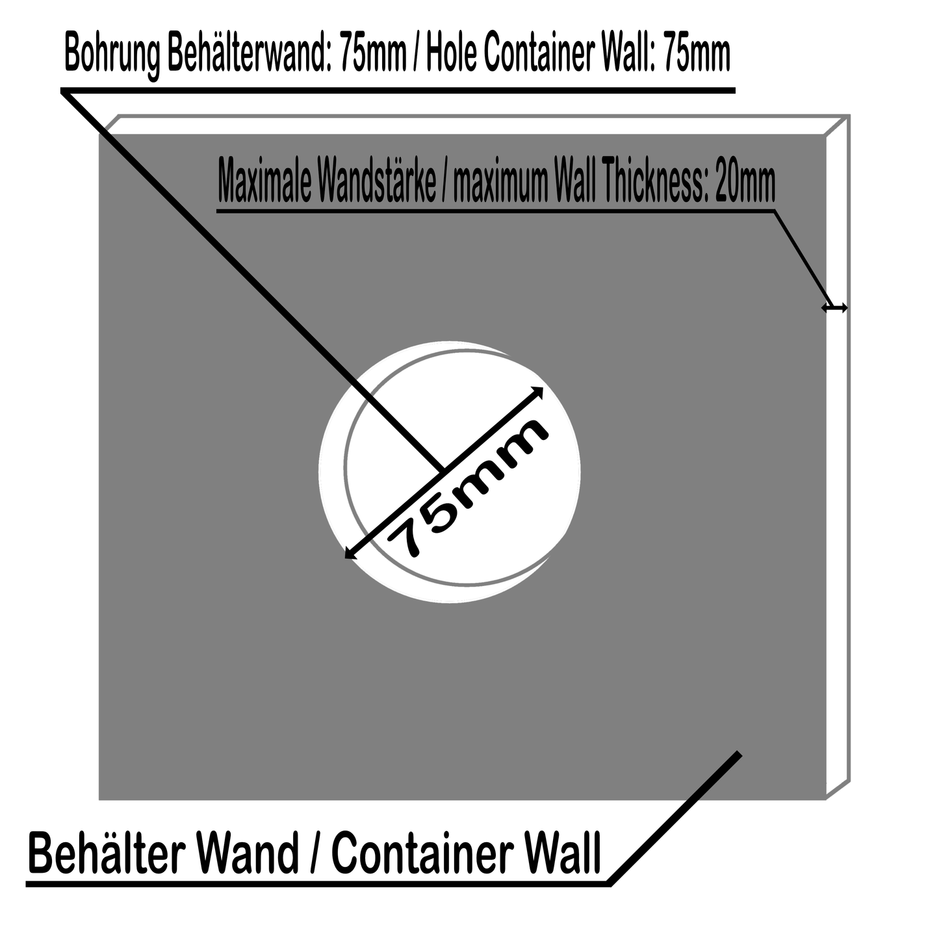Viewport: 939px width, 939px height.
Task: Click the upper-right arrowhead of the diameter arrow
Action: [x=538, y=391]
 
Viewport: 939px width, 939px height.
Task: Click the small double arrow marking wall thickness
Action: [x=834, y=308]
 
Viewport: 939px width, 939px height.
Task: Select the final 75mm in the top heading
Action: [x=695, y=55]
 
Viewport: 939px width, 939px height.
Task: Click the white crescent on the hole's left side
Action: [x=333, y=468]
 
